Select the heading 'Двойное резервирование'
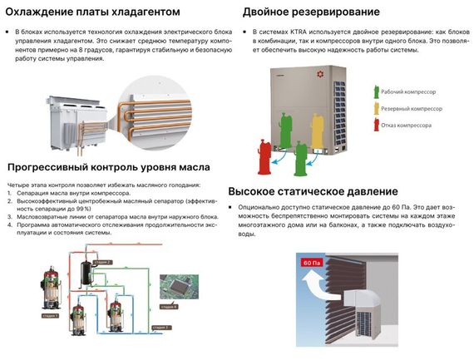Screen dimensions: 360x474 pos(311,12)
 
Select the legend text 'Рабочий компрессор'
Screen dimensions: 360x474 pos(412,91)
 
